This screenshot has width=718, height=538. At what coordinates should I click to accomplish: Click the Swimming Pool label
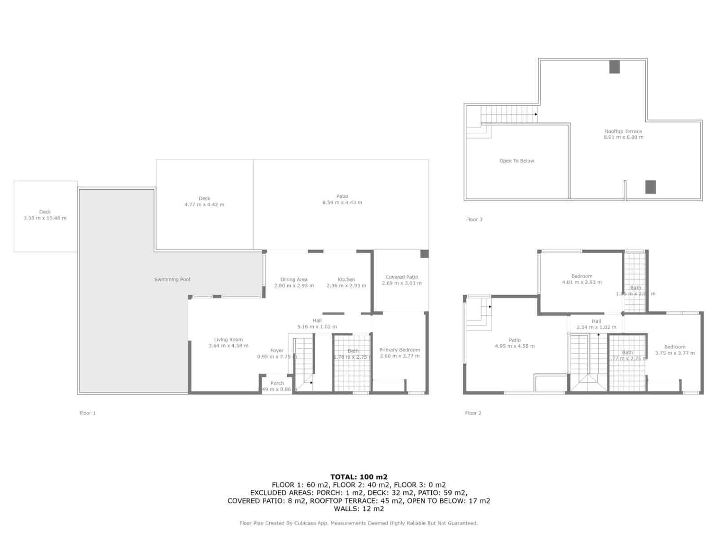pyautogui.click(x=172, y=279)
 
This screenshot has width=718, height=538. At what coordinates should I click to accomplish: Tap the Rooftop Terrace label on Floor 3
pyautogui.click(x=623, y=131)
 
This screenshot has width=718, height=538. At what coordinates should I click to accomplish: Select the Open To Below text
pyautogui.click(x=517, y=161)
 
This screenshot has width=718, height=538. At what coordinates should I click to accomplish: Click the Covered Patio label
pyautogui.click(x=402, y=277)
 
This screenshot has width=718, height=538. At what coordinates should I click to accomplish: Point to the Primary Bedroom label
pyautogui.click(x=399, y=350)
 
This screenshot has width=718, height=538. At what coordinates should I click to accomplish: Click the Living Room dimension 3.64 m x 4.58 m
pyautogui.click(x=228, y=346)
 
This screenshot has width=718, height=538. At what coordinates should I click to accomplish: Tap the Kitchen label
pyautogui.click(x=346, y=279)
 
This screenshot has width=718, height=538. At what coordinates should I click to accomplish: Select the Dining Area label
pyautogui.click(x=293, y=279)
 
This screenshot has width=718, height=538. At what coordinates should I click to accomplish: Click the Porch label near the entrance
pyautogui.click(x=277, y=383)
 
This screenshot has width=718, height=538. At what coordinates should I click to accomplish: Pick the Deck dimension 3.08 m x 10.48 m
pyautogui.click(x=45, y=218)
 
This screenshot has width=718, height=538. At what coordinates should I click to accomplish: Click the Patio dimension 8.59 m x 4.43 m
pyautogui.click(x=342, y=202)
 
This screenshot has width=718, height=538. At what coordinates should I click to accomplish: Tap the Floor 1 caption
pyautogui.click(x=88, y=413)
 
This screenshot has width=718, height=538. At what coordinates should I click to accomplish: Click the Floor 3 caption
pyautogui.click(x=474, y=219)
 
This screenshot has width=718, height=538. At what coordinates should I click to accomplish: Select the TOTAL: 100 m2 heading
pyautogui.click(x=359, y=477)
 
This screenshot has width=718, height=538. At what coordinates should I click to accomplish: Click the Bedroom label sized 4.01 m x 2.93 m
pyautogui.click(x=582, y=276)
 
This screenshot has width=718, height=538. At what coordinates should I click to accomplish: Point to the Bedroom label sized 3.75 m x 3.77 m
pyautogui.click(x=675, y=347)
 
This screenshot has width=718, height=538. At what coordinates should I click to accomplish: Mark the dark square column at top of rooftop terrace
pyautogui.click(x=614, y=67)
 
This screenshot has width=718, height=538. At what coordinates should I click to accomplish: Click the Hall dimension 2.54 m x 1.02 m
pyautogui.click(x=596, y=327)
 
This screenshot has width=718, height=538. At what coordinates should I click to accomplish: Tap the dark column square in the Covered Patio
pyautogui.click(x=424, y=254)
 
